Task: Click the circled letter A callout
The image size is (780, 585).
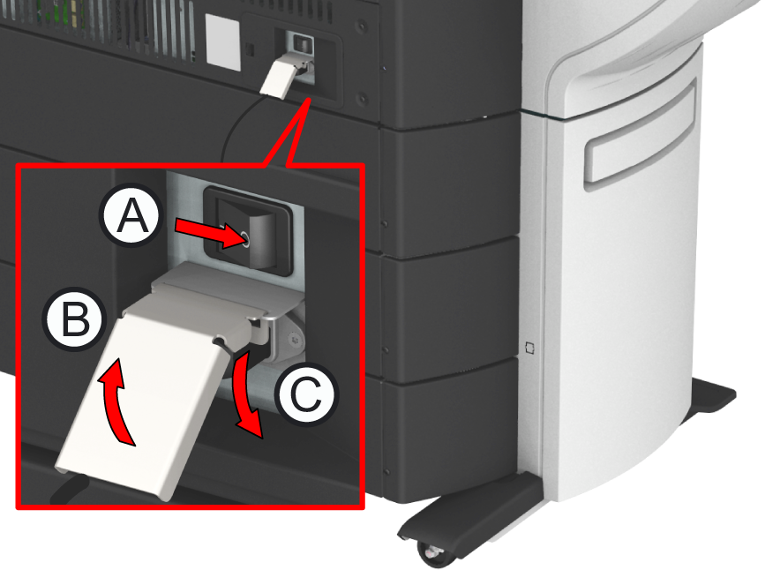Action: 131,215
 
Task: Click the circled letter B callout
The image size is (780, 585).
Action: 75,319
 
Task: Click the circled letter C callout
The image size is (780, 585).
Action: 305,394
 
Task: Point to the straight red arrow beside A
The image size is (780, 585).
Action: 212,233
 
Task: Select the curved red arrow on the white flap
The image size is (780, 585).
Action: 116,401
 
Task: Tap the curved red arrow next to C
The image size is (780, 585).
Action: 244,395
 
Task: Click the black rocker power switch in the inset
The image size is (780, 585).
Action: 248,231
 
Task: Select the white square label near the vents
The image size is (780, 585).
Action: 223,42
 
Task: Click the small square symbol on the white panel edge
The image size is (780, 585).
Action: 529,348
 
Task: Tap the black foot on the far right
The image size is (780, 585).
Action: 709,396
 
